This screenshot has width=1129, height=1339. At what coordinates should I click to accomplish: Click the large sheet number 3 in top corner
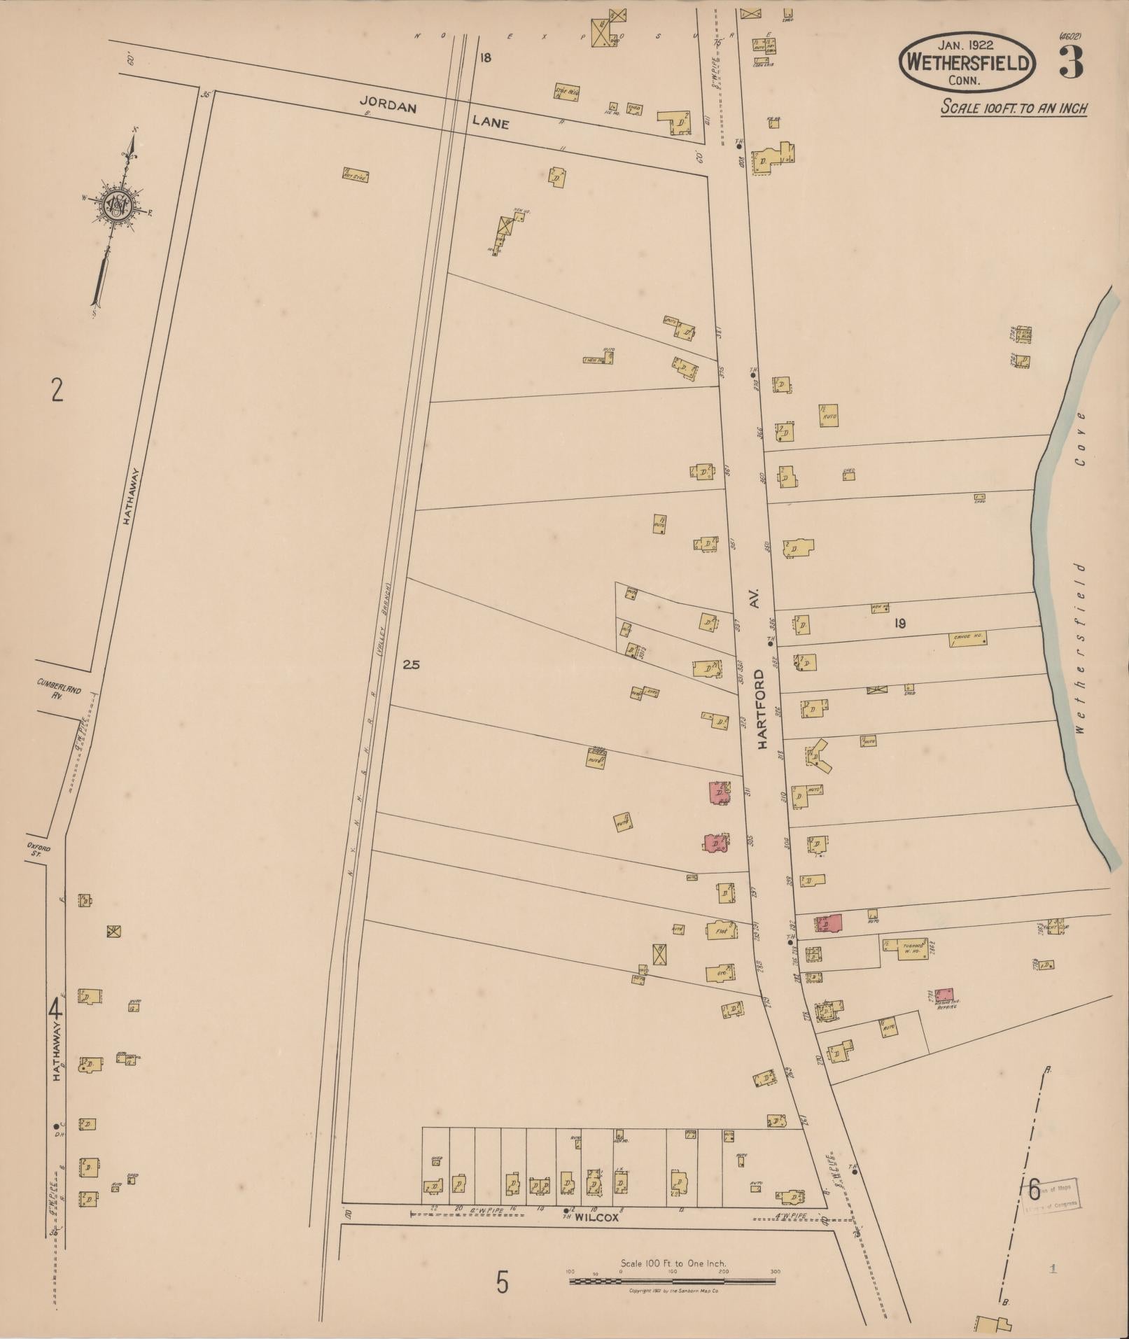[1070, 62]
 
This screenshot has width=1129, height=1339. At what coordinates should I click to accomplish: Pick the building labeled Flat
[720, 931]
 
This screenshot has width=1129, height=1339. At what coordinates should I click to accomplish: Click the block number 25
[411, 665]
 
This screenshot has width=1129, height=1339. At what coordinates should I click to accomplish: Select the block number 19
[899, 623]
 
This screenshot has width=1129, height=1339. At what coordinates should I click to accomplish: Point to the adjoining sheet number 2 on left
[57, 389]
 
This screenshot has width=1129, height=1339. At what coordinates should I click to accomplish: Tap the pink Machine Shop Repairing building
[944, 994]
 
